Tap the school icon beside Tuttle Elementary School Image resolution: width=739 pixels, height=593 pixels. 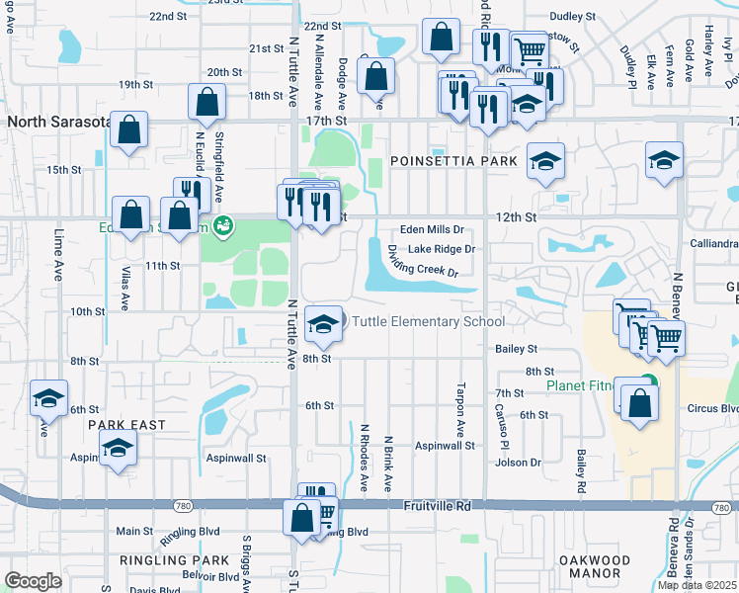(x=322, y=324)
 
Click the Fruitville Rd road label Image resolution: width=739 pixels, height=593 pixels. (x=437, y=505)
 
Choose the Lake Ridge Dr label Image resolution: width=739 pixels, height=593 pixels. (x=442, y=249)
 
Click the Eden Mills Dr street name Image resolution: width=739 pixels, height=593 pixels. (x=432, y=229)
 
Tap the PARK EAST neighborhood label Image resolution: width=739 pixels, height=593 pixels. (x=125, y=424)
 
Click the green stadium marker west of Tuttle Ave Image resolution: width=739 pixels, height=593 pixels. (x=224, y=226)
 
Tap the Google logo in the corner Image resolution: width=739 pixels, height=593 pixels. (x=33, y=581)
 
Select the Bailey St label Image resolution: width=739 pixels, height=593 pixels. (x=517, y=349)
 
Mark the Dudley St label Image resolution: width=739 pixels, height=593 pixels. (x=573, y=17)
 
